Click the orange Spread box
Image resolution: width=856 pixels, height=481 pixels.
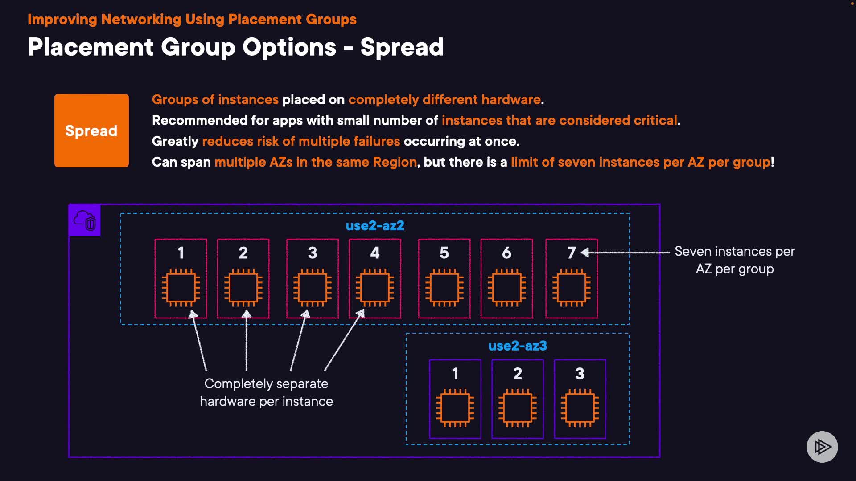point(91,130)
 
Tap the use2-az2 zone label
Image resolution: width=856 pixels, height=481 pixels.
point(375,225)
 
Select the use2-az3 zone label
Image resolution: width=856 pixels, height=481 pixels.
point(517,346)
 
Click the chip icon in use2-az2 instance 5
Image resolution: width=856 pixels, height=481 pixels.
point(444,287)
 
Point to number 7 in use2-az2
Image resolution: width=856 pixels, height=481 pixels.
point(571,253)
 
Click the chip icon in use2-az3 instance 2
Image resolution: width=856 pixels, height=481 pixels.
point(517,408)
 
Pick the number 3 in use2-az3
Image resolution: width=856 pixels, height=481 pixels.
point(580,374)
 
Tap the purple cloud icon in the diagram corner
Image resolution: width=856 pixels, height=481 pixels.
point(85,220)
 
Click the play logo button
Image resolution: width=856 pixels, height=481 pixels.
point(822,446)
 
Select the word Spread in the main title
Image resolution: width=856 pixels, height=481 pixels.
point(402,47)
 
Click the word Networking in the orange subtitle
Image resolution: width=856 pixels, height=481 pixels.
point(141,20)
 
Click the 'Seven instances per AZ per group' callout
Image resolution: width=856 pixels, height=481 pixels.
point(735,260)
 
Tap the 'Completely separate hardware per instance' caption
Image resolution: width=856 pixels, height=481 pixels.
point(266,392)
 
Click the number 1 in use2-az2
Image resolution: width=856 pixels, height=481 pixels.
point(181,253)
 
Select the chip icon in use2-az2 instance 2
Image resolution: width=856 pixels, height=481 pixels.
point(243,287)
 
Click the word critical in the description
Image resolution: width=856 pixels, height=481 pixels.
point(655,120)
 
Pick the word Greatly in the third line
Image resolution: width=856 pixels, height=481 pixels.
point(175,141)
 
